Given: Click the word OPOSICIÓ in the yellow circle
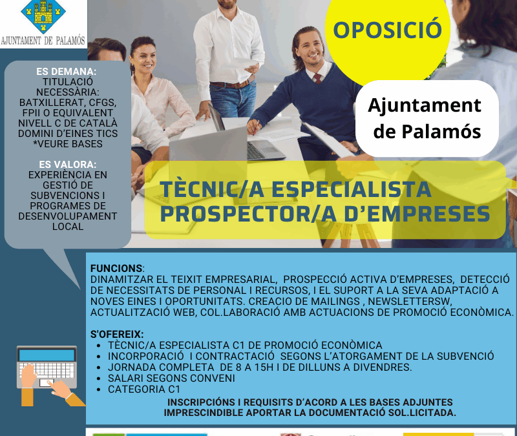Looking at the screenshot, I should coord(387,30).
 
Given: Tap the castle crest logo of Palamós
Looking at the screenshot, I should coord(43,16).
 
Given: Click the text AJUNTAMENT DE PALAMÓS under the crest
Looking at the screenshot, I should coord(43,40).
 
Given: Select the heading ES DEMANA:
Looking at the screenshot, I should coord(67,71).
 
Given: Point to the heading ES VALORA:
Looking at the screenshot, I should coord(67,164).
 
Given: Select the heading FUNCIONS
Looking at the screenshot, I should coord(117,268).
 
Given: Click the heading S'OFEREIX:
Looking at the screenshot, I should coord(117,334).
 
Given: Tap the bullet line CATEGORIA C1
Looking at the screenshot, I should coord(143,389).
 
